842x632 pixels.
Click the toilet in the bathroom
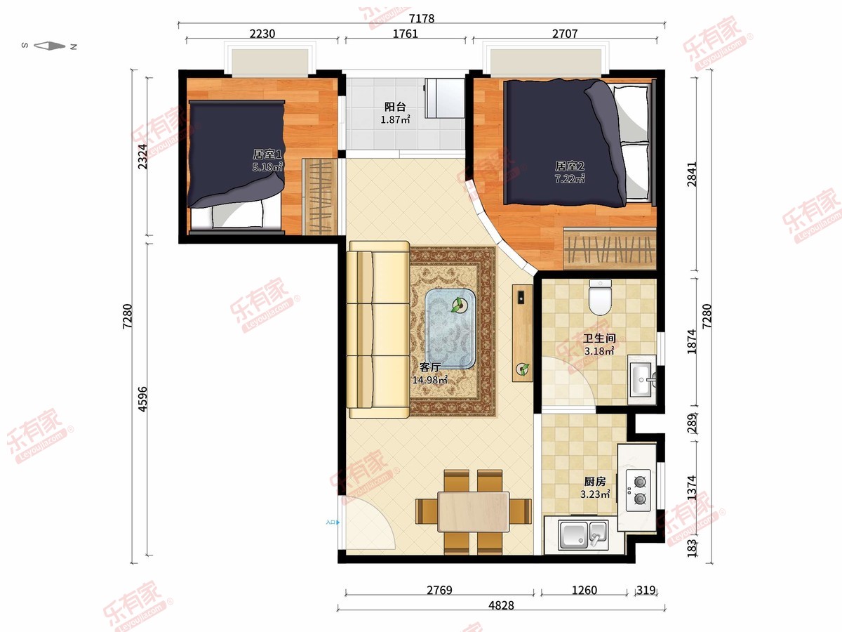click(600, 297)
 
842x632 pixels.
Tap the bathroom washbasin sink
click(642, 379)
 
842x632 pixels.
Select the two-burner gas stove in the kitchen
click(639, 490)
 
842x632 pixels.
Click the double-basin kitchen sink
click(583, 534)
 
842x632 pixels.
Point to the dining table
click(474, 511)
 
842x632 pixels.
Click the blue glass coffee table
click(450, 329)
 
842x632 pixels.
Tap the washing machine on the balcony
click(445, 98)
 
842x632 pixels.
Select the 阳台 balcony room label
click(395, 107)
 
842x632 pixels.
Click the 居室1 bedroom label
click(267, 154)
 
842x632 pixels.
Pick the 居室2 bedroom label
click(570, 166)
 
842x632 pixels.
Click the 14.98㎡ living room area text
click(430, 380)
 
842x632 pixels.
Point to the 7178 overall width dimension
click(422, 18)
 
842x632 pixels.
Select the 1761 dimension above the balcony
click(405, 34)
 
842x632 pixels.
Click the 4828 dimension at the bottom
click(501, 605)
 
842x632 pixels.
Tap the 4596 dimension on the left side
click(142, 400)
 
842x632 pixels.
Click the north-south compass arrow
click(50, 46)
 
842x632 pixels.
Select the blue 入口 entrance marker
click(333, 522)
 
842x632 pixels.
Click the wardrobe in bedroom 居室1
click(319, 197)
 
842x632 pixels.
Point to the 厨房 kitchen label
click(595, 481)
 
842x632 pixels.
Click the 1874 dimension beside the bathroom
click(692, 341)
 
